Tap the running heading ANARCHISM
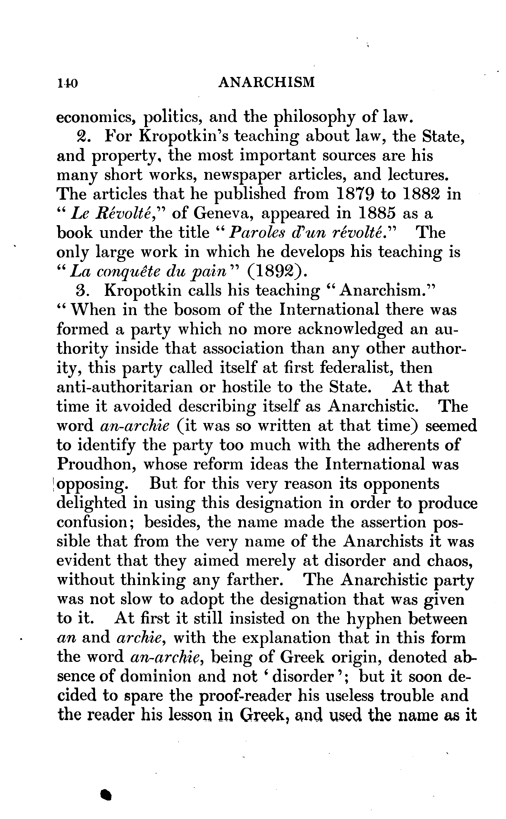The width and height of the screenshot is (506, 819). [266, 82]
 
